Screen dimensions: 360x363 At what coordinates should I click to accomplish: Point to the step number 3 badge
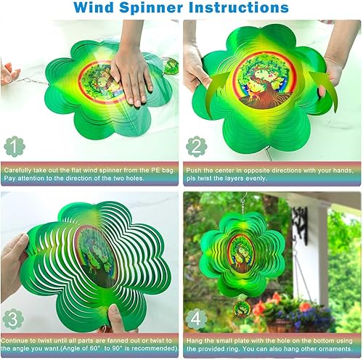(13, 318)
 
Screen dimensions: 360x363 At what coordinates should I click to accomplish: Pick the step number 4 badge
(195, 318)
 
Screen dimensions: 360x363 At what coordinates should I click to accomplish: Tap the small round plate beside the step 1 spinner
(171, 66)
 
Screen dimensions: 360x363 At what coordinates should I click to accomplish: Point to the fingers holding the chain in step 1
(9, 73)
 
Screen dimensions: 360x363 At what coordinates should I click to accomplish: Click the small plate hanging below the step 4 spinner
(242, 308)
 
